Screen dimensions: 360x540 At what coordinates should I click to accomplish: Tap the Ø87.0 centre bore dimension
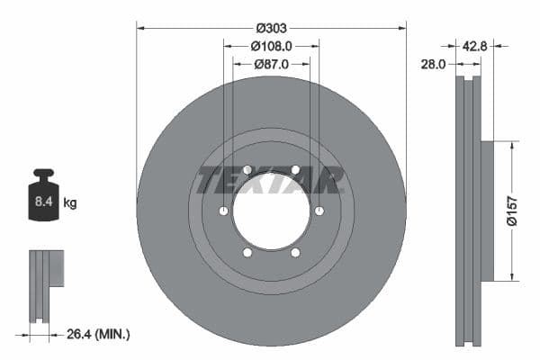271,64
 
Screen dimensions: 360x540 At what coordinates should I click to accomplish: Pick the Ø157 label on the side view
509,210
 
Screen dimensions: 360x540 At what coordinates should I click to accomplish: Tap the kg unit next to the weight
70,203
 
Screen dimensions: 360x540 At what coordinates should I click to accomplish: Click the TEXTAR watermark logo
271,180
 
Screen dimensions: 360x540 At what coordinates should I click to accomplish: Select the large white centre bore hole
271,211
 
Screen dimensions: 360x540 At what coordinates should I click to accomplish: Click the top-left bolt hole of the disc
247,169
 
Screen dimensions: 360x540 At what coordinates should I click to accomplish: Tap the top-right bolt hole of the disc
295,169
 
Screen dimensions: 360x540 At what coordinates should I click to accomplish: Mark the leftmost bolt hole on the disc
222,211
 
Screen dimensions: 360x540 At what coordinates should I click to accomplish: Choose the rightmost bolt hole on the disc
319,211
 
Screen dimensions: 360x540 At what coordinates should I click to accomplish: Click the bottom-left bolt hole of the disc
247,253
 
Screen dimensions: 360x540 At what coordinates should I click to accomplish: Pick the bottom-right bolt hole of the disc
295,253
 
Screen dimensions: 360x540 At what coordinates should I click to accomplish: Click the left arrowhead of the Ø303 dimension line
140,28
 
